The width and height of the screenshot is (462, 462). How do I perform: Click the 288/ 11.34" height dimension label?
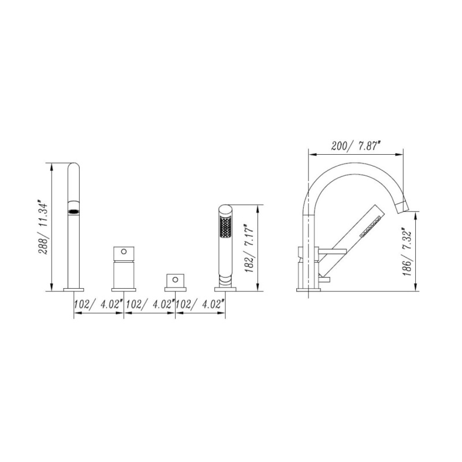point(42,227)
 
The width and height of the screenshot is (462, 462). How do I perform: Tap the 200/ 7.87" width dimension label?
point(355,146)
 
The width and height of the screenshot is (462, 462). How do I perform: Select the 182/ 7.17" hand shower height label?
point(249,249)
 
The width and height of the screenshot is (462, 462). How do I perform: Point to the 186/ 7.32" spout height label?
point(407,253)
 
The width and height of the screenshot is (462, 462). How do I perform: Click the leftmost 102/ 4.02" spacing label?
point(98,304)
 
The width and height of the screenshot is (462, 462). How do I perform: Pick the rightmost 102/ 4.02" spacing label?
point(200,304)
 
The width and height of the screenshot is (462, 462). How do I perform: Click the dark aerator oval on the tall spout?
point(74,211)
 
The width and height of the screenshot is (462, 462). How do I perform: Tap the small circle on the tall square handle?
point(124,251)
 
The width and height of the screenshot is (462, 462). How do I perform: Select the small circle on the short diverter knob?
point(176,280)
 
